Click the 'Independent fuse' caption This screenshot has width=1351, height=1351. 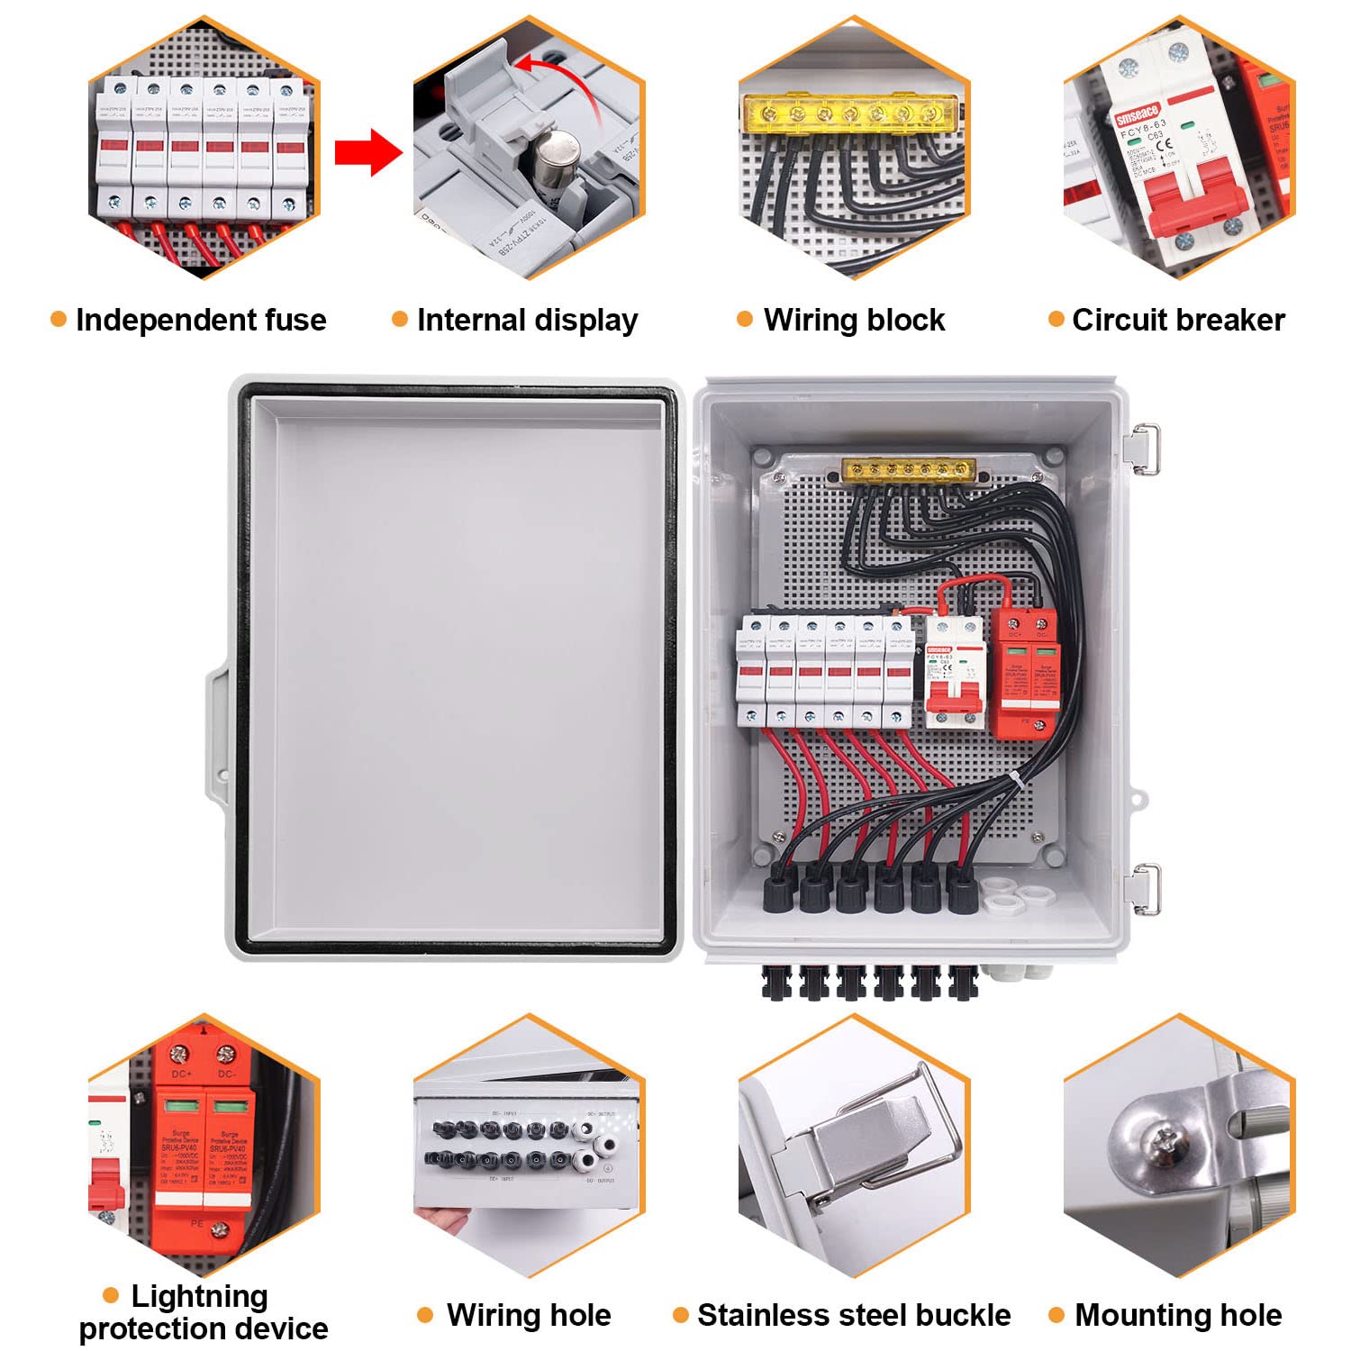click(x=200, y=320)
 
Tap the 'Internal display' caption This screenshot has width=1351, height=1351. click(x=527, y=320)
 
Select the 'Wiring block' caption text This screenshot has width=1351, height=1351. click(x=854, y=320)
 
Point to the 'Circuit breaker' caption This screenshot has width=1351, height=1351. click(x=1178, y=320)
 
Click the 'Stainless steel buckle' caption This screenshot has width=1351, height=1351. click(x=854, y=1315)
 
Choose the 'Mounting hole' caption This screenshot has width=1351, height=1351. click(x=1178, y=1315)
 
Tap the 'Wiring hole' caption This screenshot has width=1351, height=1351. click(x=529, y=1315)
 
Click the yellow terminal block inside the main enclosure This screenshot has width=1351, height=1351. click(x=908, y=470)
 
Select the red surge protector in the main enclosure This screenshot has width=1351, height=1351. click(x=1025, y=671)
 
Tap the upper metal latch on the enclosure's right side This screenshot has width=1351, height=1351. click(x=1145, y=448)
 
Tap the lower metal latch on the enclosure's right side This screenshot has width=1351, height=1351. click(x=1145, y=887)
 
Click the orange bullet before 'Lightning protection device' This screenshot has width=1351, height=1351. click(x=111, y=1296)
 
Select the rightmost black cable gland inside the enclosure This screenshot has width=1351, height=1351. click(x=962, y=890)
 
